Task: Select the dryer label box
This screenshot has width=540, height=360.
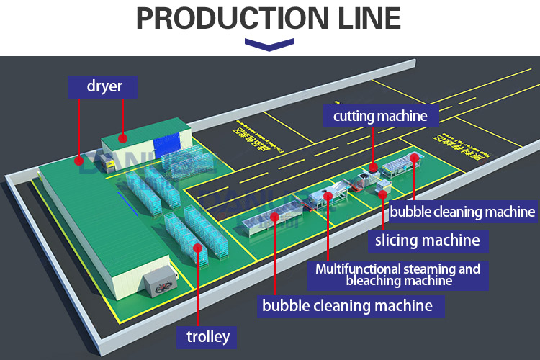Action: click(104, 87)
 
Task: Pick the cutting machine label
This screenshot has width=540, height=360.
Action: click(380, 114)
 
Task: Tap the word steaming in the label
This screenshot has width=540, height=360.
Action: click(433, 269)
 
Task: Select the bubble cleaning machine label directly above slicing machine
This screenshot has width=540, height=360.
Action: click(462, 212)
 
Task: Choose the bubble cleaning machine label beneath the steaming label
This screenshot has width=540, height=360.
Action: click(347, 305)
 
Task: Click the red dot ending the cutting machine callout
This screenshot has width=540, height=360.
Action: click(373, 167)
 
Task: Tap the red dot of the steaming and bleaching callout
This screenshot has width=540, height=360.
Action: click(329, 195)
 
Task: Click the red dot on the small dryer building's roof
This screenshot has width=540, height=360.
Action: click(123, 137)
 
